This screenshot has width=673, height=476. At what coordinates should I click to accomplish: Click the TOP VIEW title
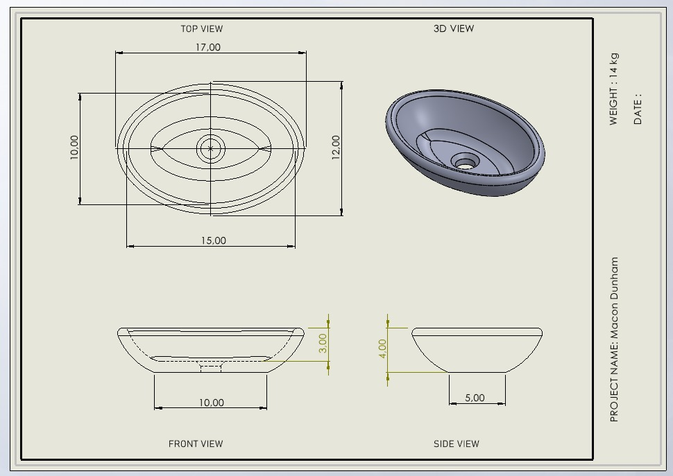tap(202, 28)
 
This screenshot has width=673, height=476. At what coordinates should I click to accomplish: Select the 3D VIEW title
tap(454, 28)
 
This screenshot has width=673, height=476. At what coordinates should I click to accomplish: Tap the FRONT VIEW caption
tap(196, 444)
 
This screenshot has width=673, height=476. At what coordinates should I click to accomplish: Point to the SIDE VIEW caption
tap(457, 444)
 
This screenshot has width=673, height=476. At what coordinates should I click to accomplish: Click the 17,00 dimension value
tap(208, 47)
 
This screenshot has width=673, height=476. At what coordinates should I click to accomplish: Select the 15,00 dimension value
tap(214, 241)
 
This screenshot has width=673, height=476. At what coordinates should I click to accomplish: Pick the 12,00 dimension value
tap(336, 148)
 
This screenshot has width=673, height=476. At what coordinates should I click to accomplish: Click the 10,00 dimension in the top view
tap(74, 148)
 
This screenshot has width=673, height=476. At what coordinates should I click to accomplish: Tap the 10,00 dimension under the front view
tap(211, 403)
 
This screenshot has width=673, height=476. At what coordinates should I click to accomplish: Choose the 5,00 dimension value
tap(475, 398)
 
